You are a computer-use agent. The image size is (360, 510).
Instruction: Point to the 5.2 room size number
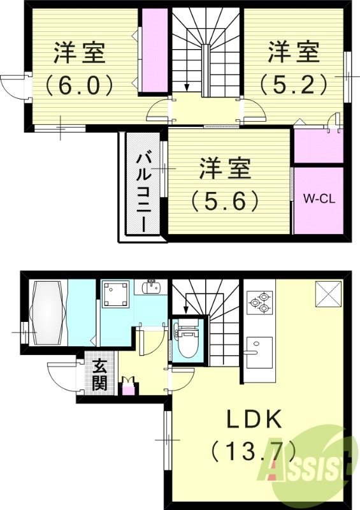pyautogui.click(x=293, y=83)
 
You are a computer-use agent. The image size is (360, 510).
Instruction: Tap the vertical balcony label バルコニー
pyautogui.click(x=143, y=191)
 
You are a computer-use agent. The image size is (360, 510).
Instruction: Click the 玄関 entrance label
pyautogui.click(x=100, y=375)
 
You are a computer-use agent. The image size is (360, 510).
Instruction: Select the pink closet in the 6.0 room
pyautogui.click(x=154, y=52)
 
